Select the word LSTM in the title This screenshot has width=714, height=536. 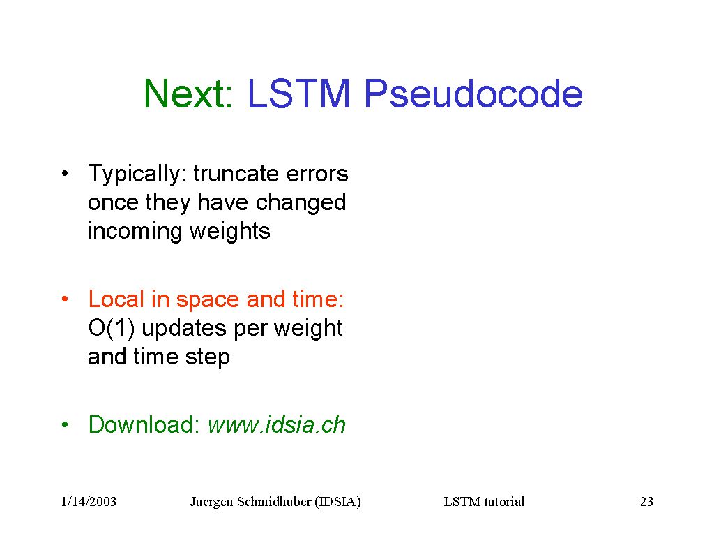point(298,94)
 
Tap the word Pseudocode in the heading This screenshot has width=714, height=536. point(473,94)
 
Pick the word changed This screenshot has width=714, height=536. point(301,203)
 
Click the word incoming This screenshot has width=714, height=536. point(135,232)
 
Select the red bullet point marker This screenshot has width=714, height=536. point(65,299)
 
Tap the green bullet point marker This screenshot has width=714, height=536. point(65,424)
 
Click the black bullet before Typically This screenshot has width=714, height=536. point(65,173)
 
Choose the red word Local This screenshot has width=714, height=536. point(116,299)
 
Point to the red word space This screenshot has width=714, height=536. point(208,301)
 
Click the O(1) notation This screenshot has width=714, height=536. point(112,328)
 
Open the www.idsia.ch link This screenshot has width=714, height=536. point(277,424)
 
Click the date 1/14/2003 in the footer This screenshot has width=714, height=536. point(89,501)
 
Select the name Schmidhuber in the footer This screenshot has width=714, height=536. point(274,501)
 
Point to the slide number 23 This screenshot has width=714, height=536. point(646,501)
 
